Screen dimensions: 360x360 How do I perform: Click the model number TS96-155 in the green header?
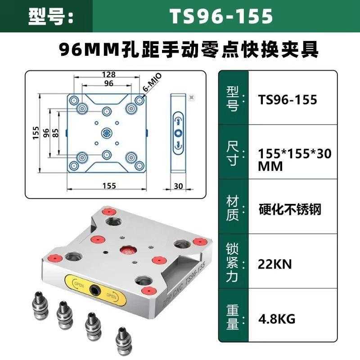tap(221, 16)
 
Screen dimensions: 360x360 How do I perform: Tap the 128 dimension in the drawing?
tap(108, 74)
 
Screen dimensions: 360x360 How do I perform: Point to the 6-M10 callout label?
tap(152, 82)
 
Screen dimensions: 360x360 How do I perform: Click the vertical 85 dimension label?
tap(55, 133)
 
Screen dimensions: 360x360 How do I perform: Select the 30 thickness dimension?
tap(178, 186)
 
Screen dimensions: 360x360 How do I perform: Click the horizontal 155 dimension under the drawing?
tap(109, 185)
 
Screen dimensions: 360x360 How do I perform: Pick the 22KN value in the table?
tap(274, 264)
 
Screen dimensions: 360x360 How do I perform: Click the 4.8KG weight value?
tap(277, 319)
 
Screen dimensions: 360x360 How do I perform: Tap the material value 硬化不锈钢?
tap(290, 209)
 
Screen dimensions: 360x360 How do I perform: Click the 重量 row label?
tap(233, 317)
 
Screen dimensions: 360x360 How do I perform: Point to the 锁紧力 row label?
tap(232, 263)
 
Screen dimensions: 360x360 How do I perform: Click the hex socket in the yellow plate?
tap(95, 290)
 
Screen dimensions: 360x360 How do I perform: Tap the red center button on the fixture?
tap(128, 252)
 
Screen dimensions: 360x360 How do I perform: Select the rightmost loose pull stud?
tap(124, 341)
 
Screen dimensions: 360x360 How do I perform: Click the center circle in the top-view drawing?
tap(107, 133)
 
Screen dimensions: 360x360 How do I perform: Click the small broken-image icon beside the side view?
tap(192, 98)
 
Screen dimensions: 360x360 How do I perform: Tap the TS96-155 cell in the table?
tap(288, 100)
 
